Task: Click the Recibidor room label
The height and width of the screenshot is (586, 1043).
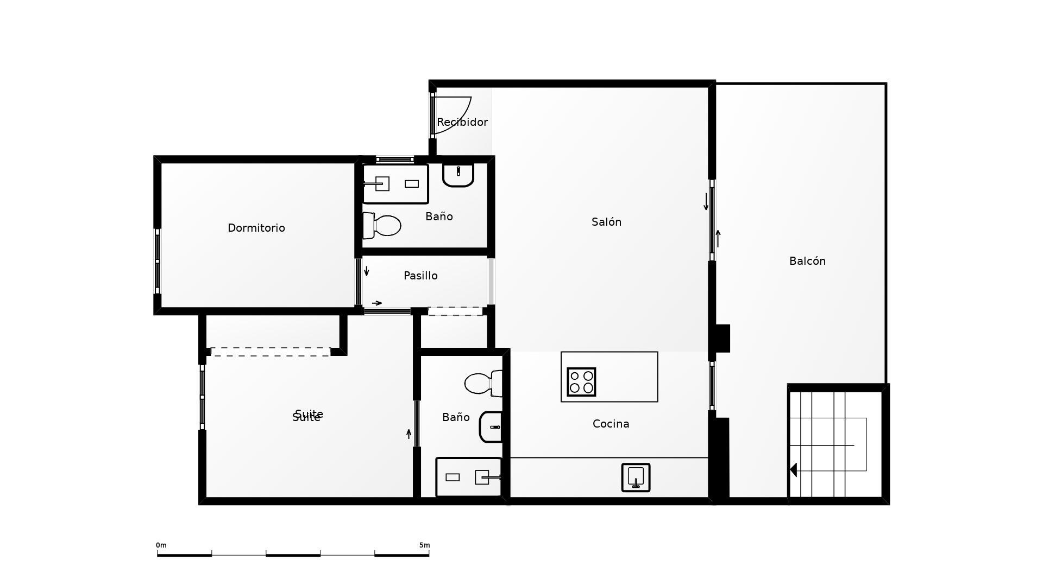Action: pyautogui.click(x=462, y=122)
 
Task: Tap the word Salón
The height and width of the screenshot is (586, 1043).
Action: pyautogui.click(x=606, y=222)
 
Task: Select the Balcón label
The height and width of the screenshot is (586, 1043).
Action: pyautogui.click(x=807, y=261)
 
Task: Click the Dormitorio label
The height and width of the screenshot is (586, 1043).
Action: pyautogui.click(x=256, y=228)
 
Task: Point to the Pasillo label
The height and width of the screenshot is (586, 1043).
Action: pyautogui.click(x=420, y=276)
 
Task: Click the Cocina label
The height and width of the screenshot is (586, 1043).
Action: pyautogui.click(x=611, y=424)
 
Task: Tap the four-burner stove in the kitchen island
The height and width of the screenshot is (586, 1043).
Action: pyautogui.click(x=581, y=381)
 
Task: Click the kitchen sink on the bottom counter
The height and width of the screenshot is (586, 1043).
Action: pyautogui.click(x=636, y=477)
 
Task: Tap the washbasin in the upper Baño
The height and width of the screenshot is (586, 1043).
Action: pyautogui.click(x=458, y=174)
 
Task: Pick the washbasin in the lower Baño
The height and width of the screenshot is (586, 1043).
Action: pyautogui.click(x=491, y=427)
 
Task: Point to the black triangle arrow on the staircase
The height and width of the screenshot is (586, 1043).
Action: pyautogui.click(x=794, y=470)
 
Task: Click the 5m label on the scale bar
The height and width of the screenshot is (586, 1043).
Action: pyautogui.click(x=424, y=545)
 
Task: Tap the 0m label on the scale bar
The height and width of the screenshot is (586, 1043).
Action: pyautogui.click(x=161, y=545)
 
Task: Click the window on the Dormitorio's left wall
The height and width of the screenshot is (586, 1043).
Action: pyautogui.click(x=158, y=262)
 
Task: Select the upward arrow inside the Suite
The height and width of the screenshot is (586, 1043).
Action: pyautogui.click(x=409, y=434)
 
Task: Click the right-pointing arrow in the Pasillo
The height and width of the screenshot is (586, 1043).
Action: pyautogui.click(x=376, y=303)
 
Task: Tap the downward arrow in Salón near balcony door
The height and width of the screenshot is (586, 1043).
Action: pyautogui.click(x=706, y=202)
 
